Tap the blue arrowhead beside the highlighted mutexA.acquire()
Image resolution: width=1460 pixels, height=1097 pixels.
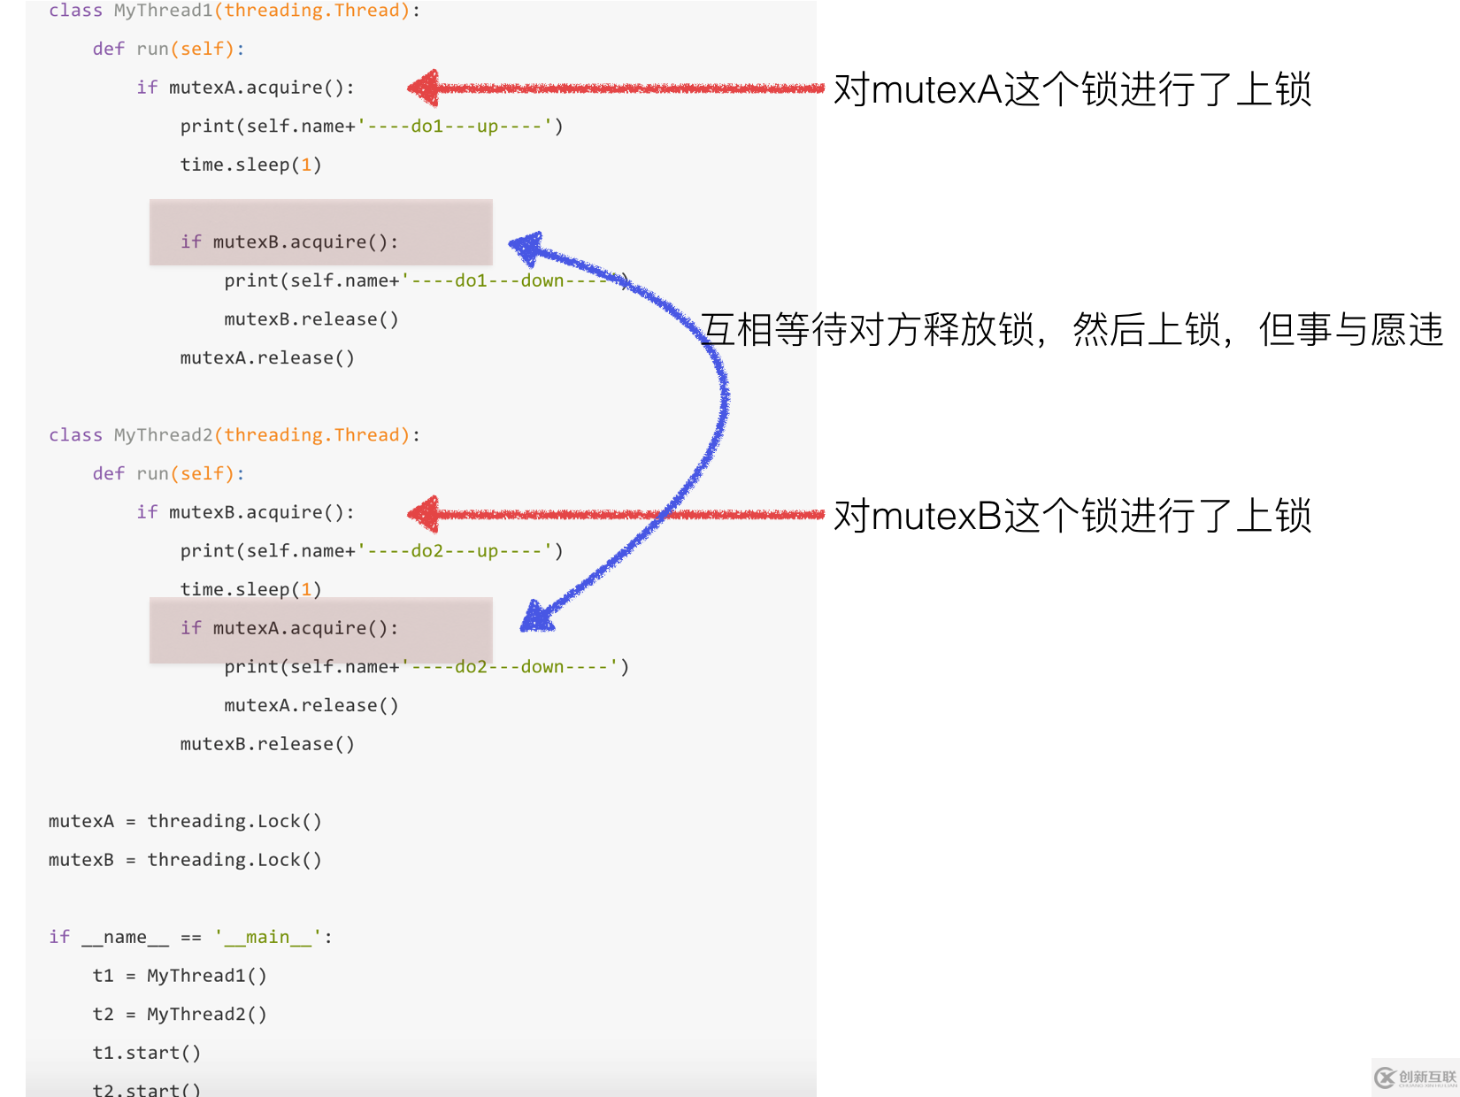click(536, 616)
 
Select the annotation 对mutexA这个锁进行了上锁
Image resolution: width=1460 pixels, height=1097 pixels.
click(1072, 89)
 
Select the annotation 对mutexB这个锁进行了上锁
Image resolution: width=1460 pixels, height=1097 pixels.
click(1072, 516)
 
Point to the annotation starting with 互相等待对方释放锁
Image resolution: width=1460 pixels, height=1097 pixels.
click(1071, 330)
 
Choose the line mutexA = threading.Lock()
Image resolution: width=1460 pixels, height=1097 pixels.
click(185, 821)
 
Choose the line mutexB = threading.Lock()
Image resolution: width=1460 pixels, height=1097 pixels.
click(185, 860)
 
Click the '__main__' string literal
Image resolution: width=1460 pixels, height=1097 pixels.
click(268, 937)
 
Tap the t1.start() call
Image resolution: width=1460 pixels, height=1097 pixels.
click(146, 1053)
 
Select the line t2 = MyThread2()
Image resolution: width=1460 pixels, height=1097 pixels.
click(180, 1014)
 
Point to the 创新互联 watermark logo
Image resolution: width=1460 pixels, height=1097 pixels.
click(1415, 1077)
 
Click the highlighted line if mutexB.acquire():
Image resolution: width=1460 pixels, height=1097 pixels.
click(289, 242)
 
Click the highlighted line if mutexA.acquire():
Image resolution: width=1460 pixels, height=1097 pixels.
click(289, 628)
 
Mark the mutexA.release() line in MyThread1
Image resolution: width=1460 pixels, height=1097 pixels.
click(267, 358)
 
